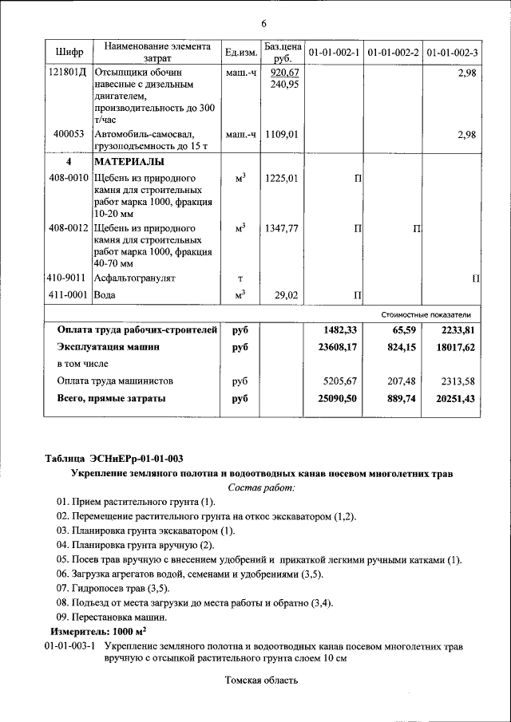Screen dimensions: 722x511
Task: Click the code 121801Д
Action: click(68, 72)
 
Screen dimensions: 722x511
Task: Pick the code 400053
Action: click(69, 135)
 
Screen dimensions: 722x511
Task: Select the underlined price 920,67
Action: click(283, 72)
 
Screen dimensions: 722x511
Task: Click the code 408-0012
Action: click(68, 228)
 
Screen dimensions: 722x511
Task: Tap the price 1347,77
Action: click(283, 228)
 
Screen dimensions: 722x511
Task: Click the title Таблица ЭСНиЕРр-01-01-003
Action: click(113, 458)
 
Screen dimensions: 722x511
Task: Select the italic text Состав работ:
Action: click(261, 487)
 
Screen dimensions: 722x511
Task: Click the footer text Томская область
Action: click(261, 680)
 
